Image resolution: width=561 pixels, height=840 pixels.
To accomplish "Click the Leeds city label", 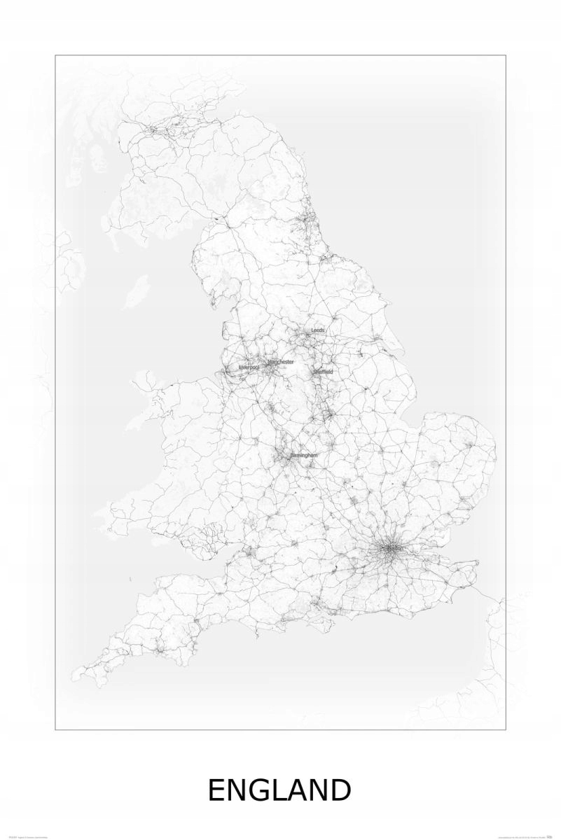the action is tap(318, 330).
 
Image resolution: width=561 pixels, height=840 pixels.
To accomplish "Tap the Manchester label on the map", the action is tap(281, 361).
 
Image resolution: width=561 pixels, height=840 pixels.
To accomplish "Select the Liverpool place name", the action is tap(249, 367).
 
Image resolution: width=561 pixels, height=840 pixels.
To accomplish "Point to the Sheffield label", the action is tap(324, 371).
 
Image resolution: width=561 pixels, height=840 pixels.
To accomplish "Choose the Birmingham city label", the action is tap(303, 455).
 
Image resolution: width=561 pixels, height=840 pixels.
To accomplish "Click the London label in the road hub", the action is tap(393, 548).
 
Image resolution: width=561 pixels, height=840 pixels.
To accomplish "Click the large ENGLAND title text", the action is tap(280, 791).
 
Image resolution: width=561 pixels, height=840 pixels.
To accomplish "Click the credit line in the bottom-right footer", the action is tap(525, 835).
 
